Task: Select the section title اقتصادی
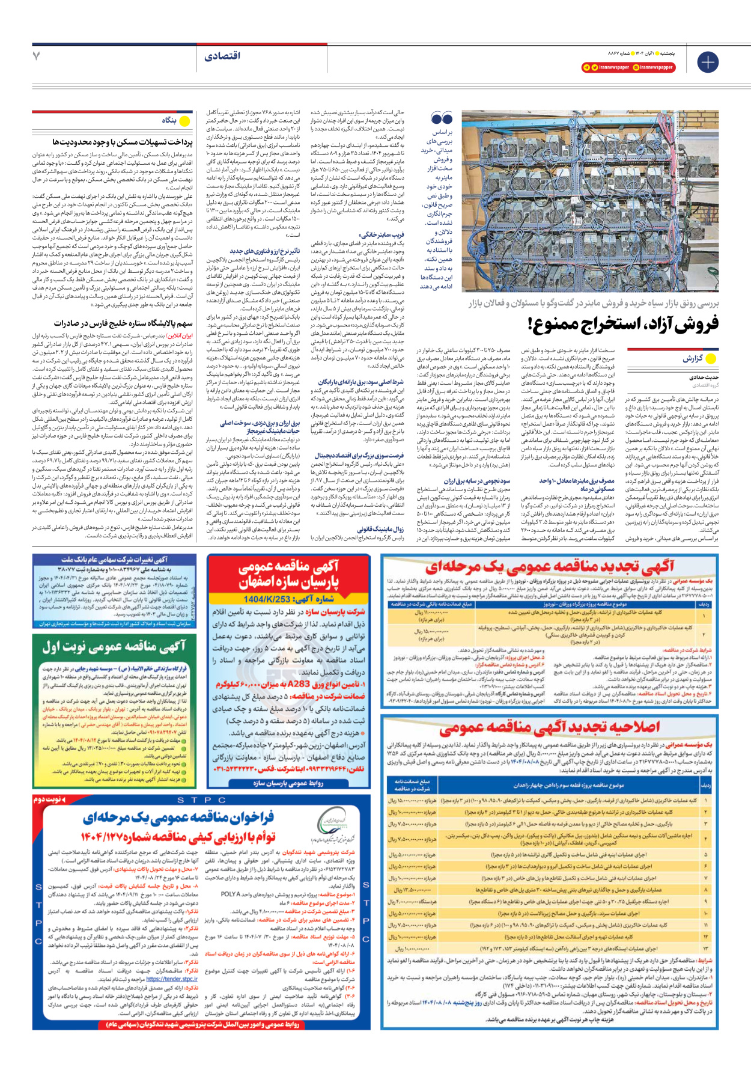222,56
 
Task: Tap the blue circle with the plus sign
708,62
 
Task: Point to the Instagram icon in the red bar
636,67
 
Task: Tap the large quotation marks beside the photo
442,118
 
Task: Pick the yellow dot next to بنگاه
184,121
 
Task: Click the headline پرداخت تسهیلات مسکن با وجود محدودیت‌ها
123,142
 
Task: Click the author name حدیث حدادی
704,377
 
